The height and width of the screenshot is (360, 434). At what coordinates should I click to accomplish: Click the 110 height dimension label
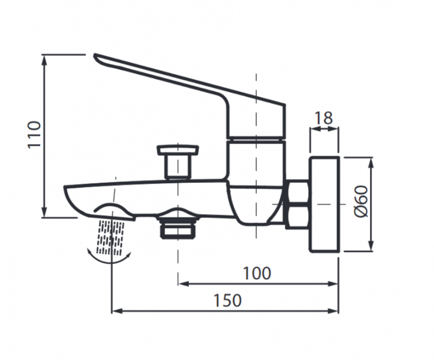coord(34,134)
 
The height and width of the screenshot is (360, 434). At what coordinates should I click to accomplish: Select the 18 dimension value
coord(324,118)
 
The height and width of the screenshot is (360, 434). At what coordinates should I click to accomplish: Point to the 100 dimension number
coord(257,273)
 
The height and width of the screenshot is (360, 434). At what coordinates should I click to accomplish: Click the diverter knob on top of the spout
coord(177,160)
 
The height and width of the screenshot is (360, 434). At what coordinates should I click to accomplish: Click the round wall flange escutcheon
coord(324,204)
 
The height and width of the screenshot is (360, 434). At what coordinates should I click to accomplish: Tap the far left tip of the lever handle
coord(96,56)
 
